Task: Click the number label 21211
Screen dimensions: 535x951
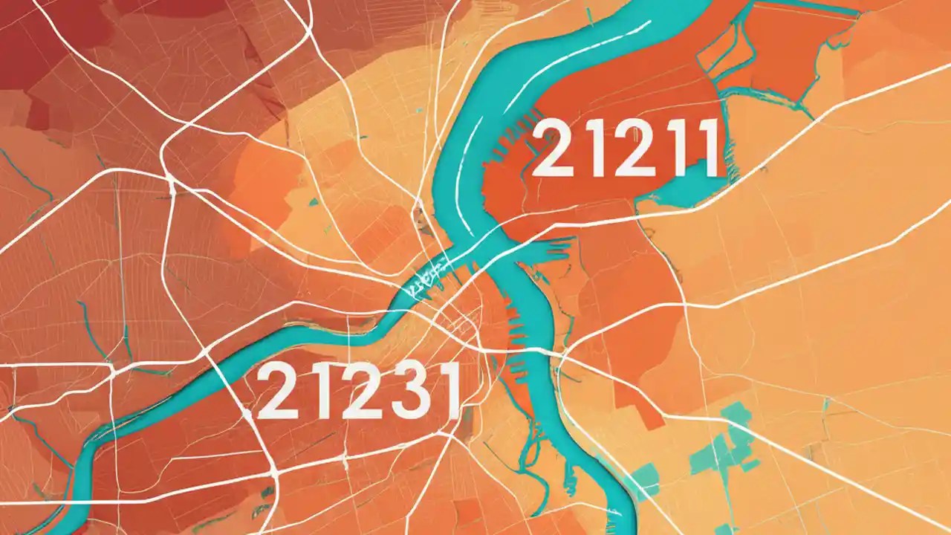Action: pyautogui.click(x=625, y=149)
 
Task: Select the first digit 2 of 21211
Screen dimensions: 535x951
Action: pyautogui.click(x=552, y=149)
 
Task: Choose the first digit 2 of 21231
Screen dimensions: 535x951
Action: pyautogui.click(x=277, y=391)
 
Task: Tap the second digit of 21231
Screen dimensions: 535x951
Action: pyautogui.click(x=315, y=391)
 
